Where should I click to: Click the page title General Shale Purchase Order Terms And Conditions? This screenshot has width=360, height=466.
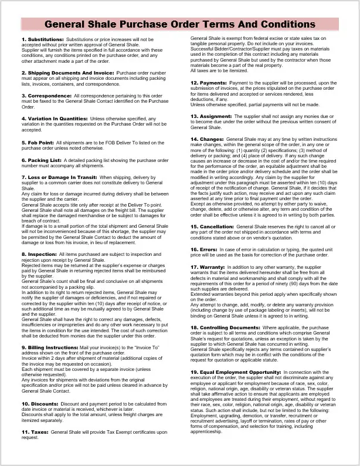[x=179, y=25]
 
